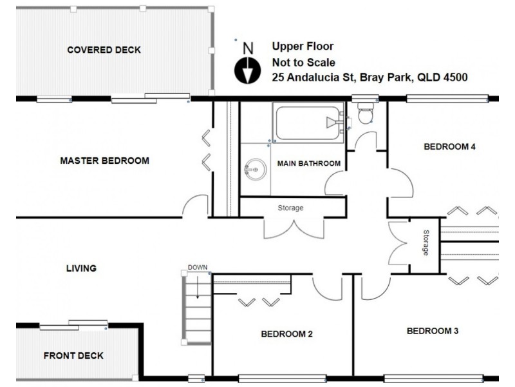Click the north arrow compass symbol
coord(247,70)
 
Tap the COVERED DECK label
coord(104,50)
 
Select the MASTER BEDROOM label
coord(104,161)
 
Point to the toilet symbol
coord(365,114)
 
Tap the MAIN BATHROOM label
coord(308,164)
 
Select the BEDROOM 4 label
coord(449,147)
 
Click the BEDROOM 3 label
coord(433,332)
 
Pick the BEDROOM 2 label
coord(286,334)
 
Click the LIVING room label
coord(81,268)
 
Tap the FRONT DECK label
coord(73,355)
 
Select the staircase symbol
coord(198,307)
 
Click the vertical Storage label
coord(426,243)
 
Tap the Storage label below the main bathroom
coord(290,208)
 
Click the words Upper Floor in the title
coord(303,46)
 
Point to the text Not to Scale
coord(303,63)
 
